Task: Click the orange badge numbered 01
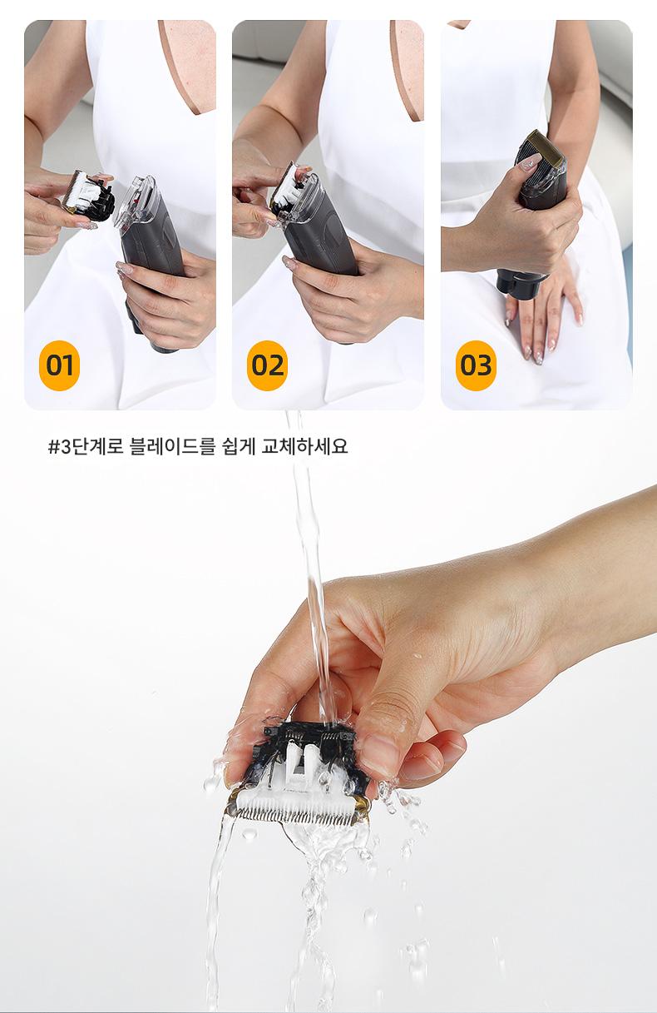tap(59, 365)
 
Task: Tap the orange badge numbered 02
tap(267, 365)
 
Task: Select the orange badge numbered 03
tap(476, 365)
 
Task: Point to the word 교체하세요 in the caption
tap(305, 446)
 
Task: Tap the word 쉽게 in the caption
tap(239, 446)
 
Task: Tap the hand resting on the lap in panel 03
tap(545, 312)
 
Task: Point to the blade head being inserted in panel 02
tap(289, 190)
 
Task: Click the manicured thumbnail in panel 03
tap(530, 162)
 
